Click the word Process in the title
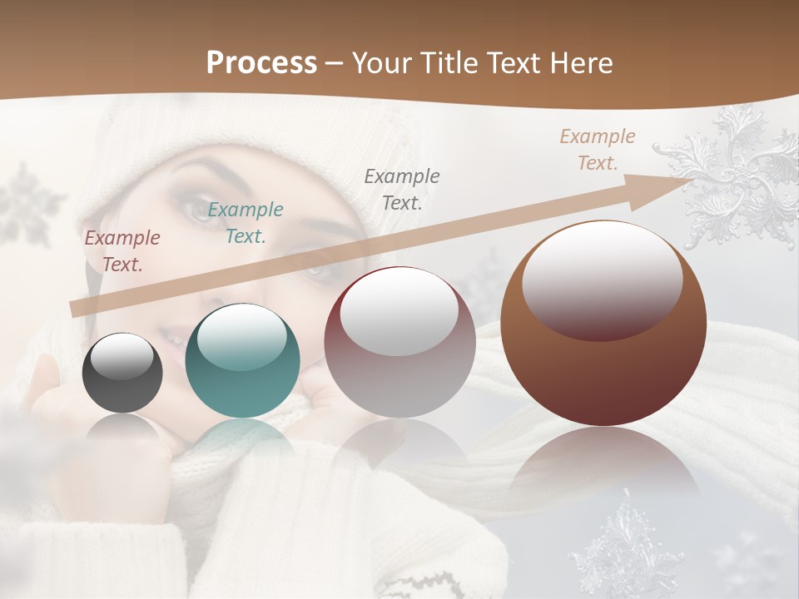click(261, 63)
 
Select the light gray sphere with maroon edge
click(399, 343)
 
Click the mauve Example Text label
click(122, 251)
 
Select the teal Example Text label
click(246, 223)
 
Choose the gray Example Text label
click(402, 189)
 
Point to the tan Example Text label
click(598, 150)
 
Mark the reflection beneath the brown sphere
click(603, 466)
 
